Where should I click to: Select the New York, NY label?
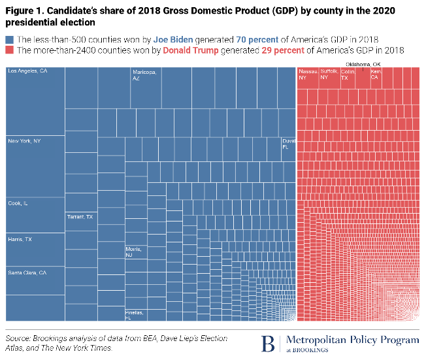24,140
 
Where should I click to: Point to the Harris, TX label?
20,240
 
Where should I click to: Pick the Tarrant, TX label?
80,216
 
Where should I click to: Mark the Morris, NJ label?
133,252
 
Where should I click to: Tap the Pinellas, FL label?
134,316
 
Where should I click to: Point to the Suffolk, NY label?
329,73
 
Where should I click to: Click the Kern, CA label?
376,73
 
